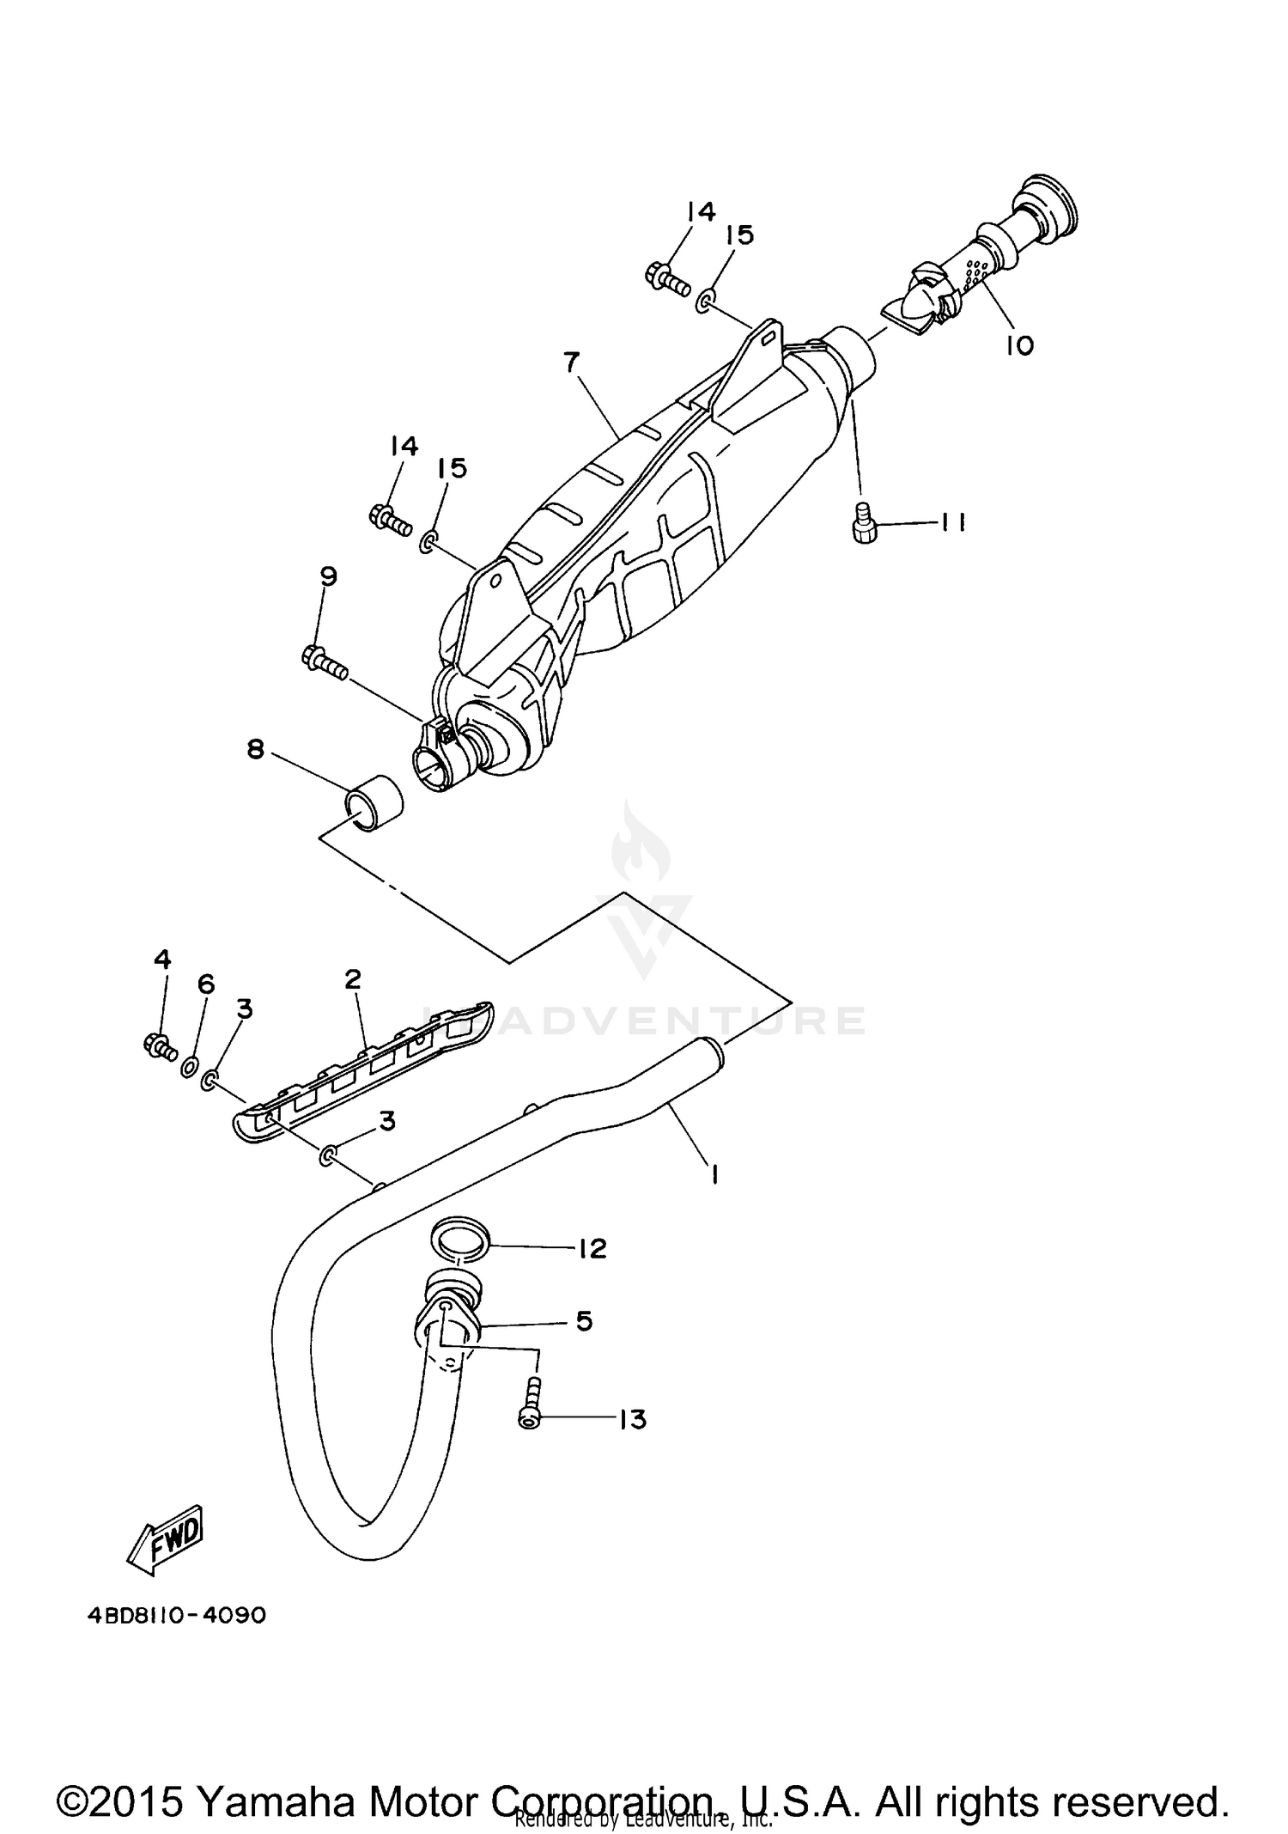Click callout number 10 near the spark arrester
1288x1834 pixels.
click(1020, 345)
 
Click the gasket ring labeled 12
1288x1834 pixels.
click(460, 1240)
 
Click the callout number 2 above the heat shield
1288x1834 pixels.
click(353, 978)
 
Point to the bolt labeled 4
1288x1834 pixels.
click(159, 1045)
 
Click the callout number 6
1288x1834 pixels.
click(206, 984)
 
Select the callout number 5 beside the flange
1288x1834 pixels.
click(584, 1320)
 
